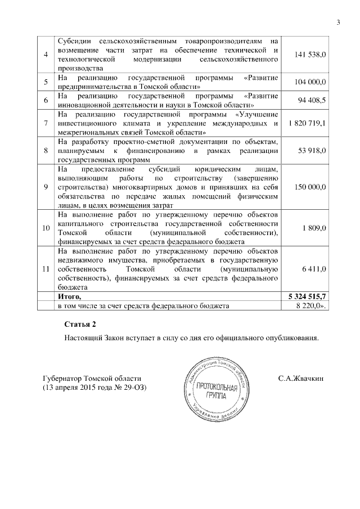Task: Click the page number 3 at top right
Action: pyautogui.click(x=339, y=22)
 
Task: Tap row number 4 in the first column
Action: pyautogui.click(x=46, y=54)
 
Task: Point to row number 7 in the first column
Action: pyautogui.click(x=46, y=123)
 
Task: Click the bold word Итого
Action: pyautogui.click(x=70, y=296)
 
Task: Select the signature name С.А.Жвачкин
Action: pyautogui.click(x=301, y=379)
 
